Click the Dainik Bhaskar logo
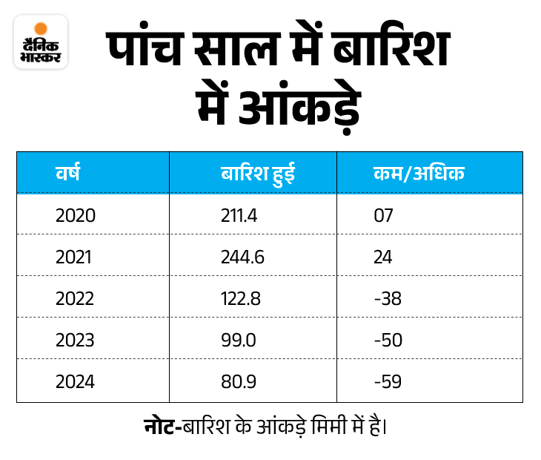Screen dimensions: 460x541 pos(41,44)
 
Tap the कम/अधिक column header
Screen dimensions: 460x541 pos(419,174)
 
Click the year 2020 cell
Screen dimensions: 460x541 pos(76,216)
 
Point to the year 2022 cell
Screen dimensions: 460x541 pos(76,298)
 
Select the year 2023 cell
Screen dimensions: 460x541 pos(76,340)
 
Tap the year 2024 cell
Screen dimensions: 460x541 pos(76,381)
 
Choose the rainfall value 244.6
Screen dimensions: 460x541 pos(242,257)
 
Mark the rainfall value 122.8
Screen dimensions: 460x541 pos(241,298)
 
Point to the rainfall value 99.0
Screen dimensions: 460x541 pos(237,340)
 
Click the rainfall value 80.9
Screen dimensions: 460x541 pos(237,381)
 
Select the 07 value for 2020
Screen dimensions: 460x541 pos(383,216)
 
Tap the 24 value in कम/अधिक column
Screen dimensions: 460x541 pos(383,257)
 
